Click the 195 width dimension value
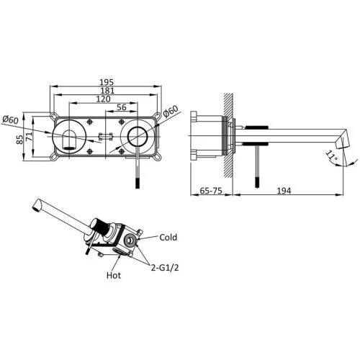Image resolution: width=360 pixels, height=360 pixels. tap(107, 82)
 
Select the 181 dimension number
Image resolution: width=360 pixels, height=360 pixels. tap(108, 91)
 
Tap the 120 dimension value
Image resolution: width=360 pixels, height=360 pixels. tap(104, 99)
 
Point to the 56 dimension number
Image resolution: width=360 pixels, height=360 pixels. tap(122, 107)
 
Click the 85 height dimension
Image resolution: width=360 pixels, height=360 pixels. tap(20, 140)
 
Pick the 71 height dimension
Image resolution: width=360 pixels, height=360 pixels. tap(29, 137)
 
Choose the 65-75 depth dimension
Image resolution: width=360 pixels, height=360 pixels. tap(211, 191)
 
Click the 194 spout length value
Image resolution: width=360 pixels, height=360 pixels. tap(284, 191)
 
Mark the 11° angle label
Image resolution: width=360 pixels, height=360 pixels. tap(331, 156)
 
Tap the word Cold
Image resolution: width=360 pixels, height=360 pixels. tap(168, 238)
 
